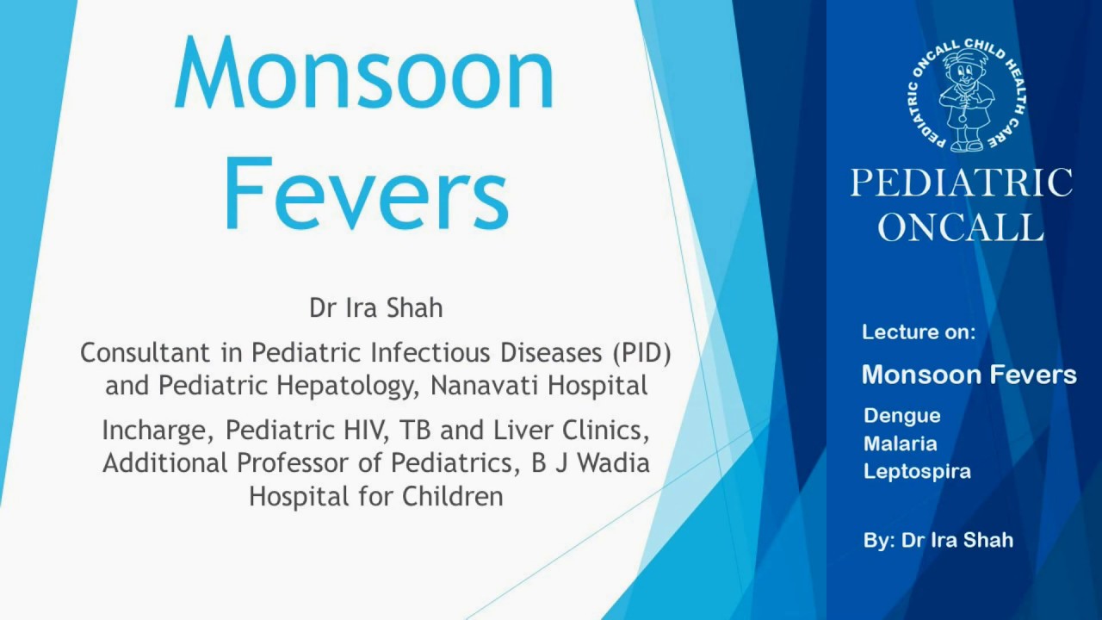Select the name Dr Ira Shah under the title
click(376, 307)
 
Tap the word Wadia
click(612, 462)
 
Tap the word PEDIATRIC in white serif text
click(962, 183)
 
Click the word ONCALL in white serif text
click(962, 226)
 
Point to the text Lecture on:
click(919, 332)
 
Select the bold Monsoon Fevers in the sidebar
click(969, 375)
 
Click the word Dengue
click(902, 415)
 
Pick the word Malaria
click(901, 443)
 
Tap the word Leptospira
click(917, 471)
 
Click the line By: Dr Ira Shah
click(938, 541)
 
